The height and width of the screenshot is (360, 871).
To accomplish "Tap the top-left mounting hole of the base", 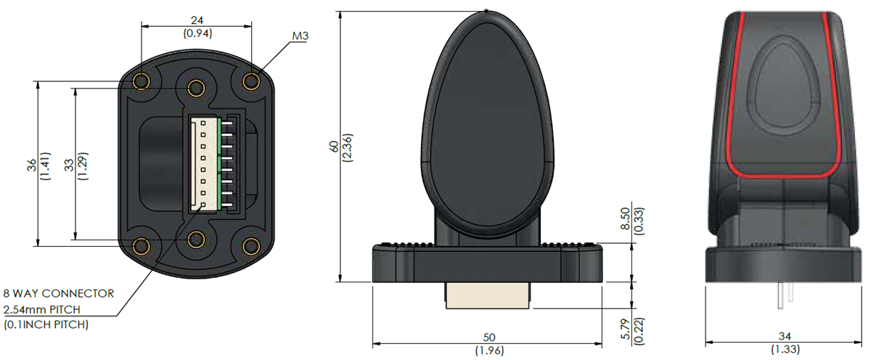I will (142, 80).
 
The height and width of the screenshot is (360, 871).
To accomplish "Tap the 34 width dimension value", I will (784, 337).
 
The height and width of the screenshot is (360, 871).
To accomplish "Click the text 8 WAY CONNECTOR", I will (58, 294).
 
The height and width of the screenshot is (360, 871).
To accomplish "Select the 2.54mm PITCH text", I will (48, 310).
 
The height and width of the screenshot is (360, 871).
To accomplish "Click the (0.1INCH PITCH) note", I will (46, 325).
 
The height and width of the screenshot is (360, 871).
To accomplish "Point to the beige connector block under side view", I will (486, 296).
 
